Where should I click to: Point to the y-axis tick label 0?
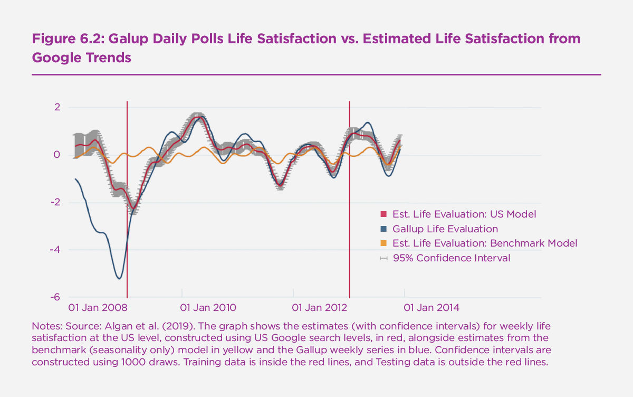pos(57,155)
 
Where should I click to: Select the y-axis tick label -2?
pos(55,202)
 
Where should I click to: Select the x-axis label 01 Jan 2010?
pos(208,307)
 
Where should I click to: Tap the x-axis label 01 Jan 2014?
pos(432,307)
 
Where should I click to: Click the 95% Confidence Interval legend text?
pos(452,258)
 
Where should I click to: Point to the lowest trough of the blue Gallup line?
pos(119,278)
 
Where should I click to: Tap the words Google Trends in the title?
pos(81,58)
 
